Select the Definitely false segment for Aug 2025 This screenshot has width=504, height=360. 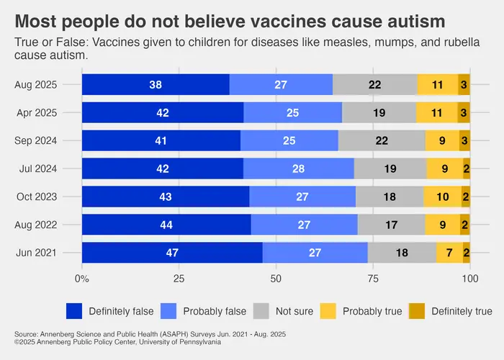point(156,84)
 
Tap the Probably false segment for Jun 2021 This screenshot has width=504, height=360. point(315,253)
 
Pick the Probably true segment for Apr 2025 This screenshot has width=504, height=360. point(436,112)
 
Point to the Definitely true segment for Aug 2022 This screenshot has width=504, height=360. point(466,225)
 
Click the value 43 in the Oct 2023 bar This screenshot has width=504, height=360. point(165,197)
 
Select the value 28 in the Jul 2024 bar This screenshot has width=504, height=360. point(299,168)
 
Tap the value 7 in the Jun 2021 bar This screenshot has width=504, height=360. point(449,253)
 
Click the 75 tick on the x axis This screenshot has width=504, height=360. point(373,279)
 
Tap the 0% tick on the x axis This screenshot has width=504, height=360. point(82,279)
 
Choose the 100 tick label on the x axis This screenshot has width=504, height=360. point(469,279)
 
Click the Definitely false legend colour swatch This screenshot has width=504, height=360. point(74,311)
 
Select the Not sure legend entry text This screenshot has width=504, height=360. point(294,311)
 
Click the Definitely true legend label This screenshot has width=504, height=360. point(462,311)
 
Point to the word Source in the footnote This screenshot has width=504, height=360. point(26,334)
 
